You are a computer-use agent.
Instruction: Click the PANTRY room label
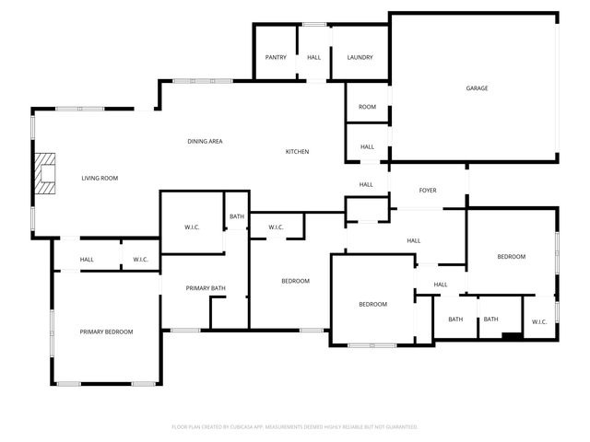click(x=276, y=57)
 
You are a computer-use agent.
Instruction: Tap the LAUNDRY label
click(x=360, y=57)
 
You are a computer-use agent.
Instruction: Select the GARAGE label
click(x=477, y=88)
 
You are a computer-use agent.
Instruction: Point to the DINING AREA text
click(x=205, y=141)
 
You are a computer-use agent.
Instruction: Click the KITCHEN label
click(x=297, y=152)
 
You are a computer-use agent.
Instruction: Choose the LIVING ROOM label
click(x=100, y=178)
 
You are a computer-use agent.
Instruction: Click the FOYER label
click(x=428, y=191)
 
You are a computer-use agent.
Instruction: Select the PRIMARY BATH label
click(x=206, y=288)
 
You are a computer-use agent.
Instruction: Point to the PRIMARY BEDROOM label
click(x=106, y=331)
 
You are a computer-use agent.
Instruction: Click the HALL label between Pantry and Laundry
click(x=313, y=57)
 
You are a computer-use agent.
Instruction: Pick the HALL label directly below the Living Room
click(x=87, y=260)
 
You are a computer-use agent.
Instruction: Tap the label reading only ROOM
click(x=367, y=108)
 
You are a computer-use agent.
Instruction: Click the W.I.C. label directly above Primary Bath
click(x=193, y=227)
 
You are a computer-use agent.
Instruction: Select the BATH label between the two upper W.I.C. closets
click(x=237, y=217)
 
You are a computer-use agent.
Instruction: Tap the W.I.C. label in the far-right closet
click(x=539, y=321)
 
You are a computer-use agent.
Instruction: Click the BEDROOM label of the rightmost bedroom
click(x=512, y=257)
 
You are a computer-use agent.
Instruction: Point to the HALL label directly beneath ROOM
click(x=367, y=147)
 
